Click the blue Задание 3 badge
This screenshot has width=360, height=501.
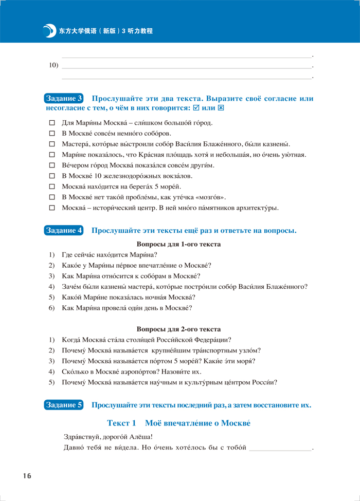pyautogui.click(x=64, y=99)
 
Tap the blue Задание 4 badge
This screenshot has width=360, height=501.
pyautogui.click(x=64, y=231)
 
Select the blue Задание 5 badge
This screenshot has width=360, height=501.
pyautogui.click(x=64, y=405)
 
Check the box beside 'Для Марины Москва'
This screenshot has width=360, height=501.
pyautogui.click(x=51, y=123)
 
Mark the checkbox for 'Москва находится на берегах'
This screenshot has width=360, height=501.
pyautogui.click(x=51, y=187)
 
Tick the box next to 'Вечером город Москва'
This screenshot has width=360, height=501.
pyautogui.click(x=51, y=165)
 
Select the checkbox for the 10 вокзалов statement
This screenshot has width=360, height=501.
pyautogui.click(x=51, y=176)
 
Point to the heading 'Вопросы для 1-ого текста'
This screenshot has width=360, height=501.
pyautogui.click(x=178, y=245)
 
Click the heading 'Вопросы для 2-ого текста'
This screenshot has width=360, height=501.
pyautogui.click(x=178, y=329)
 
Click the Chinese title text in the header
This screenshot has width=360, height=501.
pyautogui.click(x=106, y=31)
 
